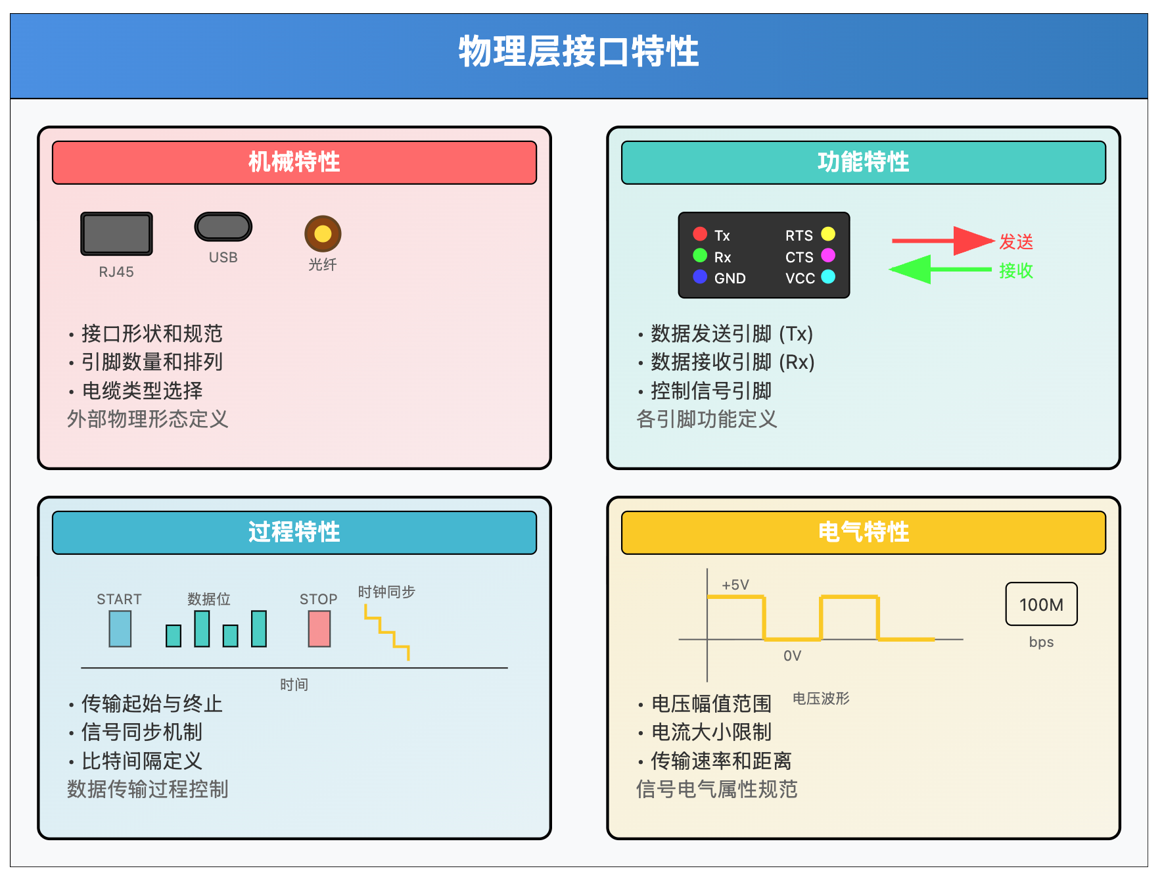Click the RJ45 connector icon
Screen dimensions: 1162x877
point(116,233)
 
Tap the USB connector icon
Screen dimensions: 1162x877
point(223,227)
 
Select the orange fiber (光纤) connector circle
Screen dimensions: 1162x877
point(323,233)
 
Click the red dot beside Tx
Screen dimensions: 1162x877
point(700,234)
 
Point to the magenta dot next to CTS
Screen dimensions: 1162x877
point(828,255)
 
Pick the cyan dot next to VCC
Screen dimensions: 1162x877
point(828,277)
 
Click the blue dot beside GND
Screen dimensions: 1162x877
point(700,277)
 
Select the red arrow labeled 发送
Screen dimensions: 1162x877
point(942,241)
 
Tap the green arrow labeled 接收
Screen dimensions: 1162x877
point(941,270)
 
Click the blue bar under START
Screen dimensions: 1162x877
point(120,629)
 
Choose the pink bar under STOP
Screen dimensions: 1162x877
point(319,629)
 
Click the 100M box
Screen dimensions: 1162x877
point(1041,604)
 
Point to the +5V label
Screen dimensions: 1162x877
point(735,585)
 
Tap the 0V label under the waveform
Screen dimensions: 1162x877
point(792,655)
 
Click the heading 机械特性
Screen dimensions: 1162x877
point(294,162)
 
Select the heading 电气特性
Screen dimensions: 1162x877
point(864,532)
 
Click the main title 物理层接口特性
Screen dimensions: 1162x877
point(579,51)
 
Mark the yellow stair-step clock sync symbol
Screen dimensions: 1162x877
point(387,632)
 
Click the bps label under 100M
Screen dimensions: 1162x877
point(1041,642)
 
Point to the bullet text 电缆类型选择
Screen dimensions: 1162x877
point(142,391)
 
